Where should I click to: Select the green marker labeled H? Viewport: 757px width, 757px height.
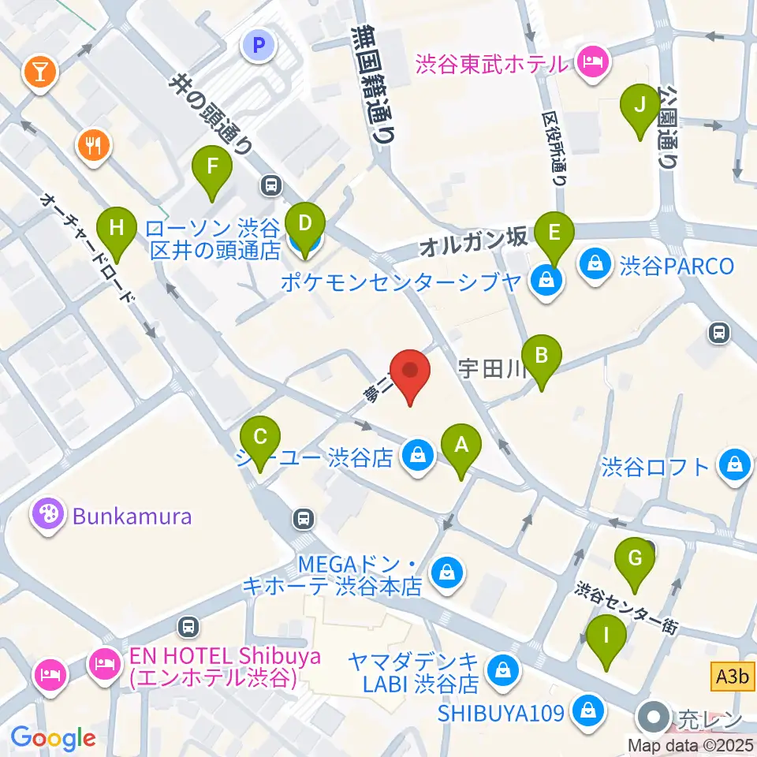pos(116,229)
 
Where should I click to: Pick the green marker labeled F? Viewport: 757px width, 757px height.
pos(211,167)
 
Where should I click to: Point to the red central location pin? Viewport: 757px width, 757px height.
pos(410,371)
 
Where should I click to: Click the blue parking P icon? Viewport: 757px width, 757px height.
pos(258,47)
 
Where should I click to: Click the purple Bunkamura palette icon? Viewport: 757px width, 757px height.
pos(47,516)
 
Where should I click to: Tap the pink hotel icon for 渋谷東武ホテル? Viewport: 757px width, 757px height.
pos(591,62)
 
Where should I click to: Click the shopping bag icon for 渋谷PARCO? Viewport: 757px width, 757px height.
pos(593,265)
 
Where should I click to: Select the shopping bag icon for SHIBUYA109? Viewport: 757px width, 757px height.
pos(588,711)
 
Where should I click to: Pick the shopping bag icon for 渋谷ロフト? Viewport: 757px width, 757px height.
pos(734,466)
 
